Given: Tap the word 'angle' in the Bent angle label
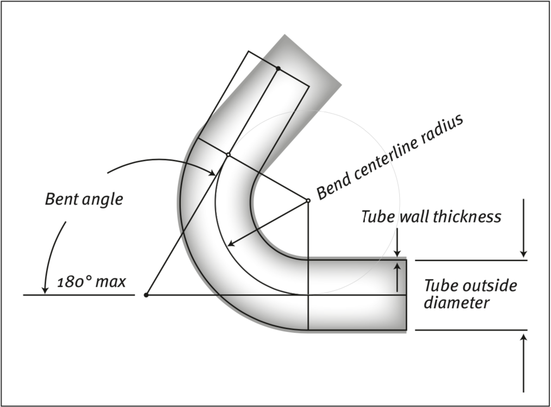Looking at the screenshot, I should pyautogui.click(x=102, y=200).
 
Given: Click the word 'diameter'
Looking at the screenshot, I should pyautogui.click(x=457, y=303).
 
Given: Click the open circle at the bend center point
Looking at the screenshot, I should pyautogui.click(x=308, y=201).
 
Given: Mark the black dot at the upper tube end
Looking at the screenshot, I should pyautogui.click(x=278, y=68).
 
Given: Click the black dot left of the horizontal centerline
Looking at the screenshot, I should pyautogui.click(x=146, y=295).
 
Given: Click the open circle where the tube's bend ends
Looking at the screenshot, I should pyautogui.click(x=228, y=154).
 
